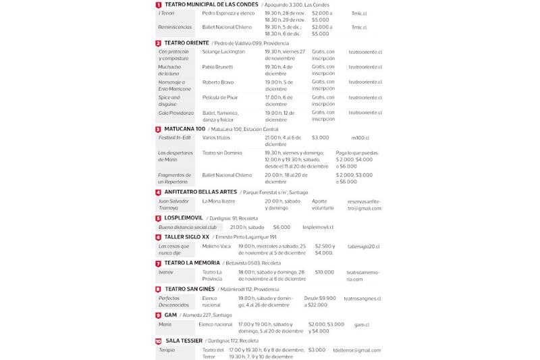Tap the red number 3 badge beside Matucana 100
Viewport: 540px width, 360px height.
click(158, 129)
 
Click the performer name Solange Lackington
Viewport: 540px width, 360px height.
click(223, 51)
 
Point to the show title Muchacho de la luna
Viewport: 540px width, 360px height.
click(170, 70)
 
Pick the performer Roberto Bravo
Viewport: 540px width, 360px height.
click(218, 82)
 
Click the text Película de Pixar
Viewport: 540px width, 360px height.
click(220, 97)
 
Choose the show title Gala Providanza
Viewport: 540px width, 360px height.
click(176, 113)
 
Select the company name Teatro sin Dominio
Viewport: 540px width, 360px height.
click(222, 153)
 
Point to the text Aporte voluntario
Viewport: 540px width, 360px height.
click(323, 205)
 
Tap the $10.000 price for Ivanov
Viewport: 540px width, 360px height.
click(324, 272)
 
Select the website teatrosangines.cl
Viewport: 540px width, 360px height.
click(362, 298)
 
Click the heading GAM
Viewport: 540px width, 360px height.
click(171, 315)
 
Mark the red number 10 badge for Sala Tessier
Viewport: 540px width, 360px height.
click(158, 342)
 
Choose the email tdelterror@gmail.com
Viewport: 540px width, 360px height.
click(356, 350)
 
